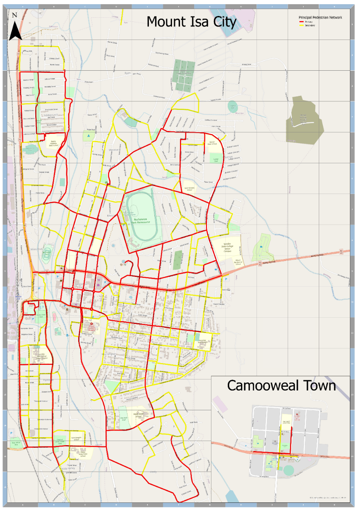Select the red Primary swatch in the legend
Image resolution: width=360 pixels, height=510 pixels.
click(x=301, y=22)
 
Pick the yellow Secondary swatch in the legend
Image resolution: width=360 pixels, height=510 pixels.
click(x=301, y=25)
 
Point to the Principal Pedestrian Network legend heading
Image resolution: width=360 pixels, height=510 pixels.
click(x=320, y=18)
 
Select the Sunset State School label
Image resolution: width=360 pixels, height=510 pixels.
click(x=212, y=143)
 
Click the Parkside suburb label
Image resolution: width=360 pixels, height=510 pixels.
click(x=45, y=380)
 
